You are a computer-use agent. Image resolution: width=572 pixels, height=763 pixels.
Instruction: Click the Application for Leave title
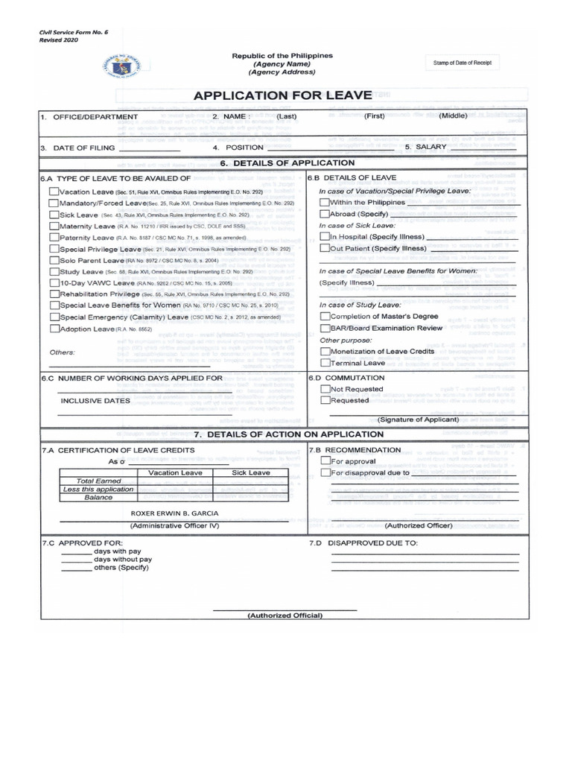click(x=282, y=95)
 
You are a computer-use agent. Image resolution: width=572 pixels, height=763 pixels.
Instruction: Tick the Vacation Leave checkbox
click(x=54, y=191)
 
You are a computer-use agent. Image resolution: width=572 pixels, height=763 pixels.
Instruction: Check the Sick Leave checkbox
click(x=54, y=215)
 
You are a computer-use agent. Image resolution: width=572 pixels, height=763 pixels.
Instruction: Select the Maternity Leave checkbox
click(x=54, y=226)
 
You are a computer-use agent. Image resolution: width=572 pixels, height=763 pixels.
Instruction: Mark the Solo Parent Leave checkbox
click(x=54, y=260)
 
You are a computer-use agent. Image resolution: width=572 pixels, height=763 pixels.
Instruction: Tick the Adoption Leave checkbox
click(x=54, y=328)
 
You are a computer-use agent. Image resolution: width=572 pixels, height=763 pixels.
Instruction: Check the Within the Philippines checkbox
click(x=324, y=203)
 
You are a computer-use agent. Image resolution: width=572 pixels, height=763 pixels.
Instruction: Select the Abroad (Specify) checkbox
click(x=324, y=214)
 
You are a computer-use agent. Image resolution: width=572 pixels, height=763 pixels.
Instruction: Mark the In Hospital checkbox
click(x=324, y=236)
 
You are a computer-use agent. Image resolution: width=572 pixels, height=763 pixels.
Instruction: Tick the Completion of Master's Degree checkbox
click(x=324, y=316)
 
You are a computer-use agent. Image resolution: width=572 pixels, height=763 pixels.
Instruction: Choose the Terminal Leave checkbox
click(x=324, y=363)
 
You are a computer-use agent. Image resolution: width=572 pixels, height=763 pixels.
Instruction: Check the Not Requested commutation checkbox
click(x=324, y=389)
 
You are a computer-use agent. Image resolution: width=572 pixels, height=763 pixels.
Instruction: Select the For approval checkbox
click(x=324, y=460)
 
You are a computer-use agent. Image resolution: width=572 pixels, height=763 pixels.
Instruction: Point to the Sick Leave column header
click(x=250, y=472)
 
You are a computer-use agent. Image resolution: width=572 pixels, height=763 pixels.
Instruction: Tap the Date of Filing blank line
click(x=149, y=149)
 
